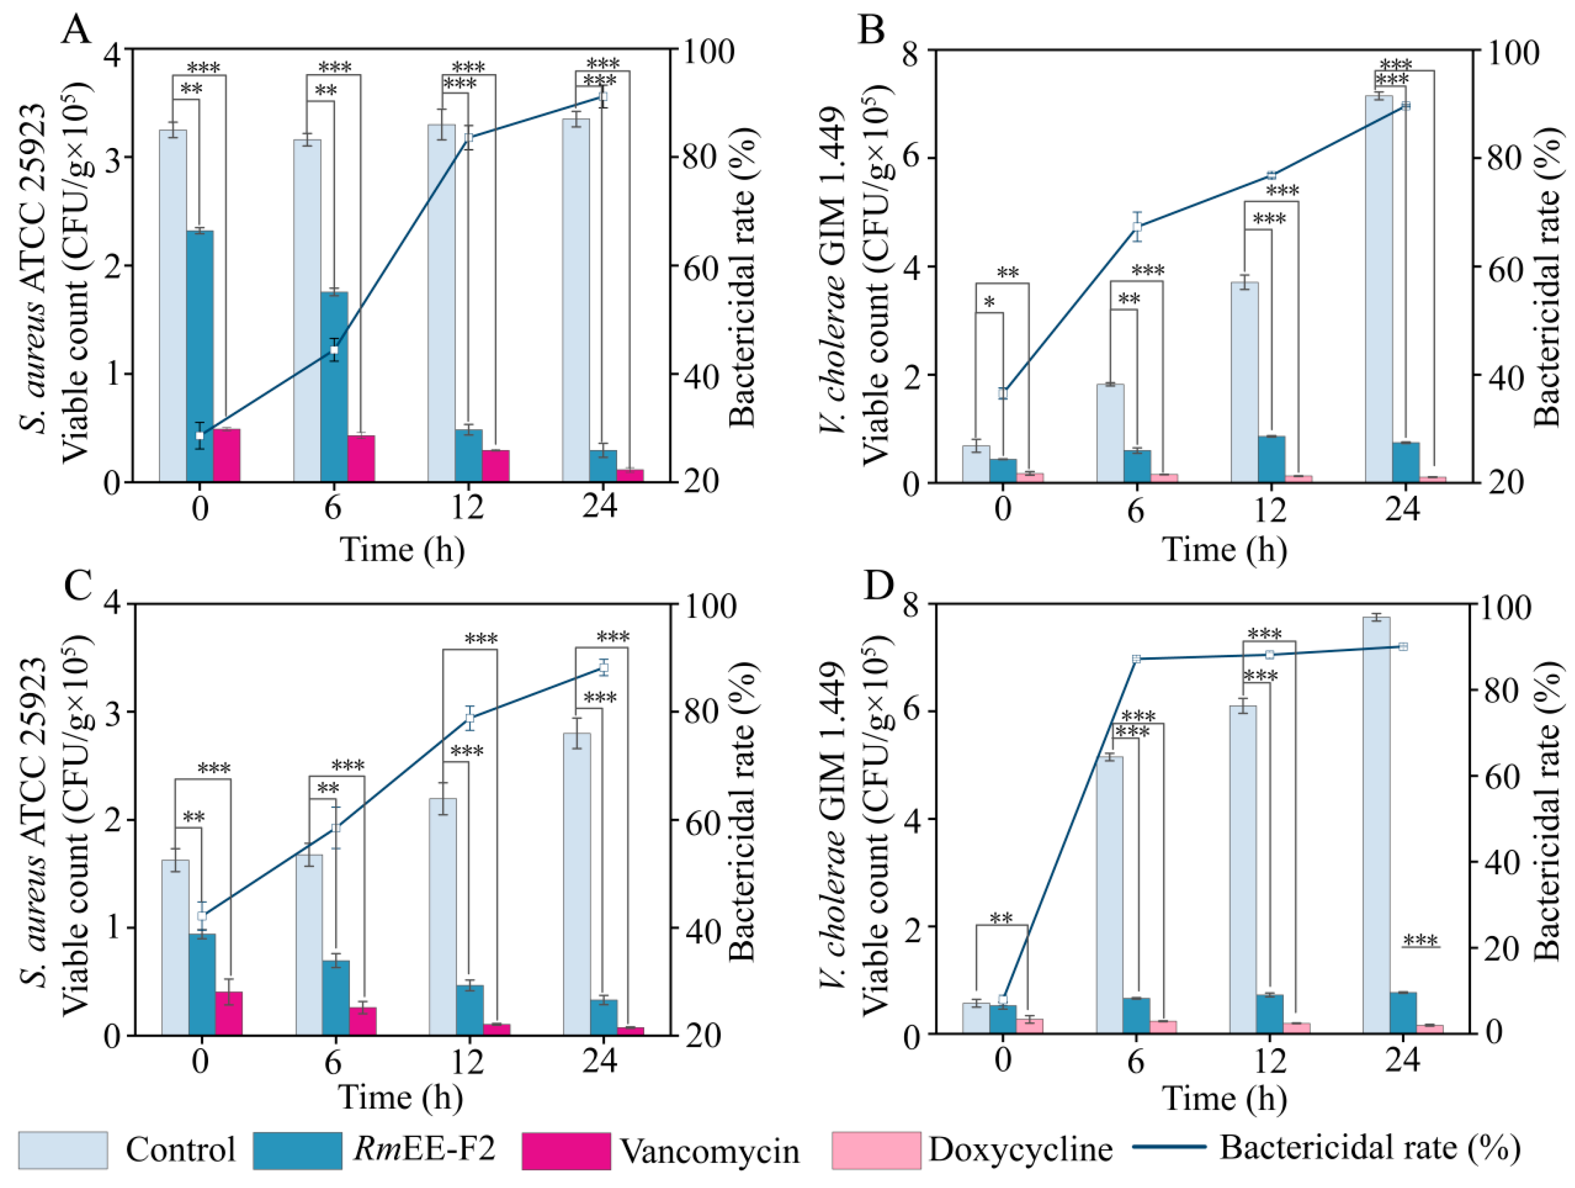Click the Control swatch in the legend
[63, 1150]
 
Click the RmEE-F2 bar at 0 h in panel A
[200, 356]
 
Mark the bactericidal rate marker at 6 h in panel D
[1136, 659]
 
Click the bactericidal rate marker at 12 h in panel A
[469, 137]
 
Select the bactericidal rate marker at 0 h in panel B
[1003, 393]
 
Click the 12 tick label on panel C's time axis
[467, 1062]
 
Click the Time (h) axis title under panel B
[1225, 550]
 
